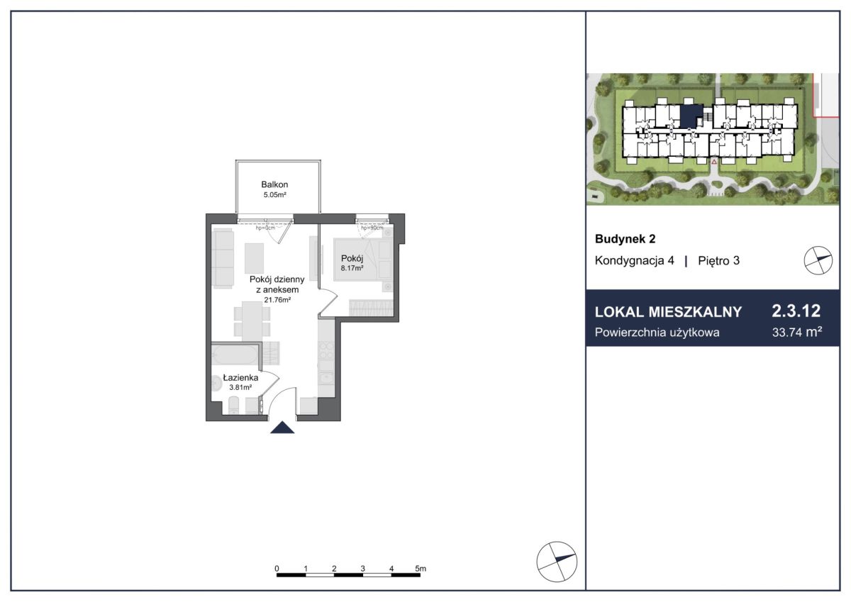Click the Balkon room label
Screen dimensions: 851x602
[x=274, y=184]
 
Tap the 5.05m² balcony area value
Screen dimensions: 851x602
[x=274, y=195]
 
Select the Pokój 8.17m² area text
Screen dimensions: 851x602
[x=352, y=268]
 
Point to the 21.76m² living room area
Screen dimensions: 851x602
[x=277, y=300]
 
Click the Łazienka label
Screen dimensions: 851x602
[x=240, y=377]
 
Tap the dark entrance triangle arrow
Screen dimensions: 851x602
[x=282, y=428]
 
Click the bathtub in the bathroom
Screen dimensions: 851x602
[x=235, y=355]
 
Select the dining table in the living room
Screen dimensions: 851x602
[x=252, y=321]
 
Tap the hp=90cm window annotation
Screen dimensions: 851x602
[x=372, y=228]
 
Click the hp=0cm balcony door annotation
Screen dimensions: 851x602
[x=265, y=228]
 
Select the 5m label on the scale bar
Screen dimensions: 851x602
[x=421, y=569]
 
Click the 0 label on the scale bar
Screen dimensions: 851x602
[x=277, y=569]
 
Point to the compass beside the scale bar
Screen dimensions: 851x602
[x=557, y=562]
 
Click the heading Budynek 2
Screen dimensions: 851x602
[x=625, y=239]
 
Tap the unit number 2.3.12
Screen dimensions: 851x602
[x=796, y=311]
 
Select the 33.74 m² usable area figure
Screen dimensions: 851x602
[x=797, y=332]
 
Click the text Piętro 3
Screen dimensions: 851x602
[x=719, y=260]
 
